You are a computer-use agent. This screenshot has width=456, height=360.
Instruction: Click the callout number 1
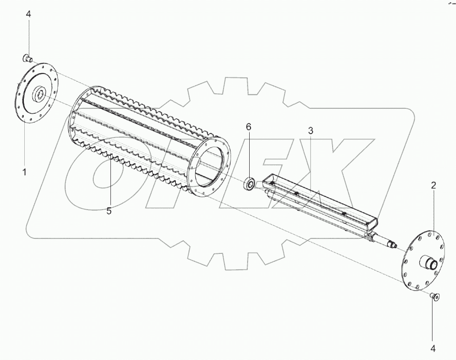24,172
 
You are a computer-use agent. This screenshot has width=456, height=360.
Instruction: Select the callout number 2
433,185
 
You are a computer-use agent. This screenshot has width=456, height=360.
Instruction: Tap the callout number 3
311,130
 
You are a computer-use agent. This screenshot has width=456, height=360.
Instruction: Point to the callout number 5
109,211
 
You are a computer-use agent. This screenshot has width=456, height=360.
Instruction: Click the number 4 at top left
28,14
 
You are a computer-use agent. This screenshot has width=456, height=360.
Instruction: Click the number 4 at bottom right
433,349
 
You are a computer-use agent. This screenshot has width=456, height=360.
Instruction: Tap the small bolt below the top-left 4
27,58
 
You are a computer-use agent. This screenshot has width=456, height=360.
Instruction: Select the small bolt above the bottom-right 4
435,296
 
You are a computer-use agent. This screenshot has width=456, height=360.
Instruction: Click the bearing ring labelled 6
250,184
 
